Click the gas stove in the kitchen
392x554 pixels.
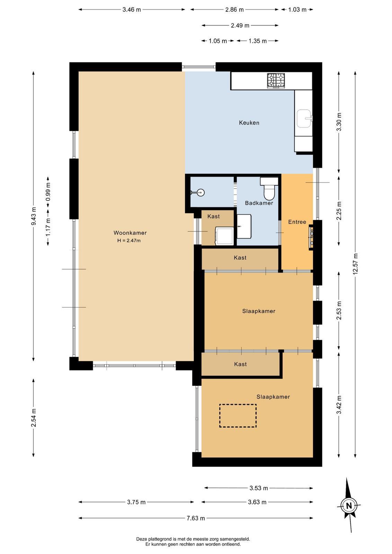point(276,81)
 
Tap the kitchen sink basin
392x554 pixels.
point(304,118)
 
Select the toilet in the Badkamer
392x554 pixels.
point(269,188)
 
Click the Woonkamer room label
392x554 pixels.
point(130,233)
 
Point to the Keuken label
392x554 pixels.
point(249,123)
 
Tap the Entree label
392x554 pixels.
point(297,222)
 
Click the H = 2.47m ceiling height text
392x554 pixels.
point(129,240)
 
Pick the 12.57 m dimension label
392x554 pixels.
point(355,264)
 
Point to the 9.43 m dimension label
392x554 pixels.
point(33,216)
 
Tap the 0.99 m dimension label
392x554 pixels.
point(48,192)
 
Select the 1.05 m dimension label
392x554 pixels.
point(217,41)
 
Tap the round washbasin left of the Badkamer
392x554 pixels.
point(201,192)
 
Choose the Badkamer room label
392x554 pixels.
point(259,203)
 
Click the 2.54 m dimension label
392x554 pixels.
point(33,418)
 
